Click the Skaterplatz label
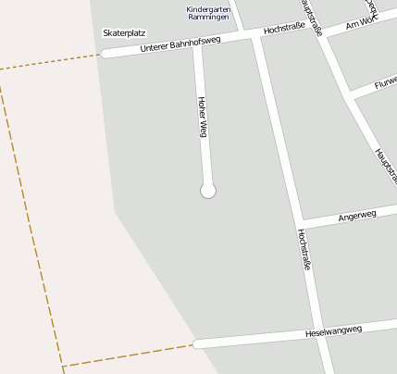[124, 33]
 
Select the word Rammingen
[208, 18]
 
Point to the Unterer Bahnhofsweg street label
[180, 44]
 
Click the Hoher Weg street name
[202, 117]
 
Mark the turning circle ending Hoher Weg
[208, 191]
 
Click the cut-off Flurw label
[385, 84]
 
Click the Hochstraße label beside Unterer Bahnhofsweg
[284, 30]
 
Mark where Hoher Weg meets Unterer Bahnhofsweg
[197, 44]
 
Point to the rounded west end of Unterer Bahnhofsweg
[105, 54]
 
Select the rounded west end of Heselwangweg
[198, 344]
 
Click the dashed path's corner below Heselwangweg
[63, 365]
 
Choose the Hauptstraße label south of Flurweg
[386, 164]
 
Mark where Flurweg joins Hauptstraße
[350, 95]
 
